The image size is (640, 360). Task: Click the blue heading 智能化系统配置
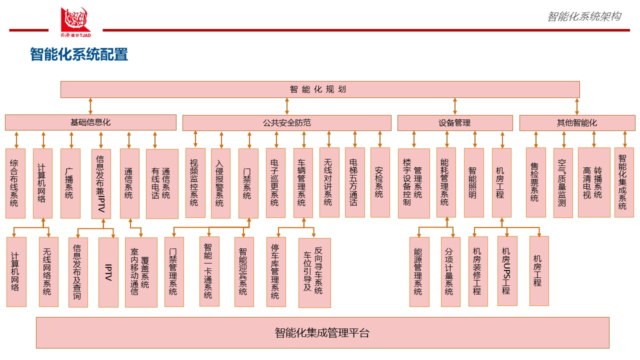[79, 54]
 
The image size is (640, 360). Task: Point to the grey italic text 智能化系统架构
[584, 16]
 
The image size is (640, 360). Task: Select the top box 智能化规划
[320, 89]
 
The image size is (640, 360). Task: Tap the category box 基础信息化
[90, 122]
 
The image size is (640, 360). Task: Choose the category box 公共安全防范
[286, 122]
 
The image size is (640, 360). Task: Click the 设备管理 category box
[455, 122]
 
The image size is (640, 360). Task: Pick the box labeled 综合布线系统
[15, 183]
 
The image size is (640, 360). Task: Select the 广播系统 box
[70, 183]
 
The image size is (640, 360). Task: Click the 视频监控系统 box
[195, 183]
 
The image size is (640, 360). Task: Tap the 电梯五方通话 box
[354, 182]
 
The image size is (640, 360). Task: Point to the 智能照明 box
[473, 182]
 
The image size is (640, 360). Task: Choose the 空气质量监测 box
[563, 182]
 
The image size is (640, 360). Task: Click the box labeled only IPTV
[108, 272]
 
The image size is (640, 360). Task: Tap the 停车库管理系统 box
[276, 272]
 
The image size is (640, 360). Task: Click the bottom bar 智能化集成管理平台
[322, 332]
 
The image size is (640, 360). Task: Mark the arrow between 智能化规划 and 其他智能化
[576, 106]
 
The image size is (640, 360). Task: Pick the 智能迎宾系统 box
[244, 272]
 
